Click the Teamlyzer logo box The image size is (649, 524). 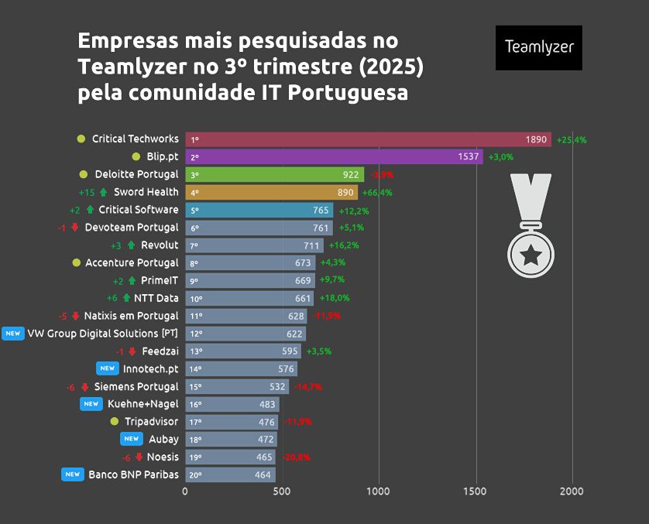[538, 47]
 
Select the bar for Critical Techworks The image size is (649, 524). [368, 139]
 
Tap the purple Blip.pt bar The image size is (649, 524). [334, 157]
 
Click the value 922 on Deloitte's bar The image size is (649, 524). [351, 175]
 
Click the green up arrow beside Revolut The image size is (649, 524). [131, 245]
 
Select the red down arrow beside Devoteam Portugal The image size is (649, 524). [75, 228]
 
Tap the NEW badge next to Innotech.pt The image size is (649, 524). [107, 368]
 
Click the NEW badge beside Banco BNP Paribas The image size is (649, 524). [73, 474]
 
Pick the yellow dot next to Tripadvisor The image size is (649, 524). [115, 422]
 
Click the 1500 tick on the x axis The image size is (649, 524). [476, 491]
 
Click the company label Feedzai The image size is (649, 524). [160, 351]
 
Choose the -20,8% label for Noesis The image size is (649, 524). [295, 457]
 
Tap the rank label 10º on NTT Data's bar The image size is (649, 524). [196, 299]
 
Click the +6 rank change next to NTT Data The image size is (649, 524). [112, 298]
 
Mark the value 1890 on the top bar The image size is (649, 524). [536, 139]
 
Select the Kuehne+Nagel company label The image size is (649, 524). [143, 404]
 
